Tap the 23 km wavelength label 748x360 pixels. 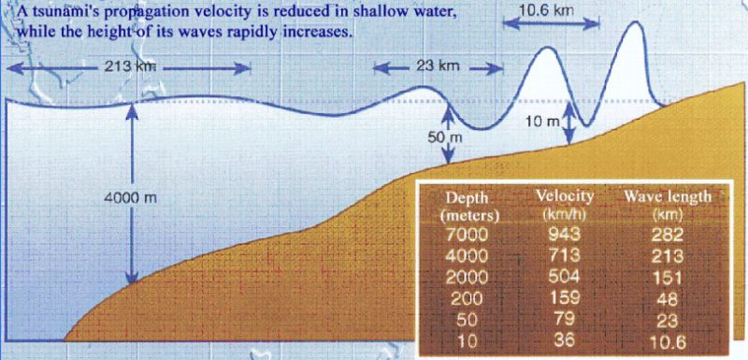(438, 65)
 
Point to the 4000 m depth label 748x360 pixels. (130, 197)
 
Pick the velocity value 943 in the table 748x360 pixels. (565, 234)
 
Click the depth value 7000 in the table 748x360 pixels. (467, 234)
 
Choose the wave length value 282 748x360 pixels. (669, 234)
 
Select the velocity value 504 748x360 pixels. (565, 277)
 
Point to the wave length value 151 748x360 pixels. (669, 278)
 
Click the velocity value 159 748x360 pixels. (565, 299)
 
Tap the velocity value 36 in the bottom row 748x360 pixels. (565, 342)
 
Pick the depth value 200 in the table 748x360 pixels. (467, 299)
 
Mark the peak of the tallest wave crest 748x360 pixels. (635, 22)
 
